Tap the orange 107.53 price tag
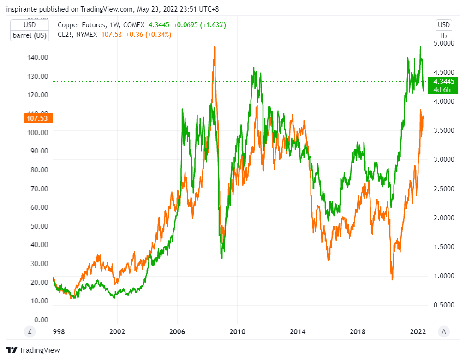pos(38,118)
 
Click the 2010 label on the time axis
pos(237,331)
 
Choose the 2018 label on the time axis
pos(358,331)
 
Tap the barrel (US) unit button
pos(30,35)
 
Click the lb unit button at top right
pos(444,35)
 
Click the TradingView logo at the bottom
pos(33,350)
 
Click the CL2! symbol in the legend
pos(65,35)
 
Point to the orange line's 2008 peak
pos(215,47)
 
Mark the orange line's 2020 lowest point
pos(392,279)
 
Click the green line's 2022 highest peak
pos(420,47)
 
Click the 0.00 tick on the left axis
pos(41,319)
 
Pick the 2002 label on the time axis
pos(117,331)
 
